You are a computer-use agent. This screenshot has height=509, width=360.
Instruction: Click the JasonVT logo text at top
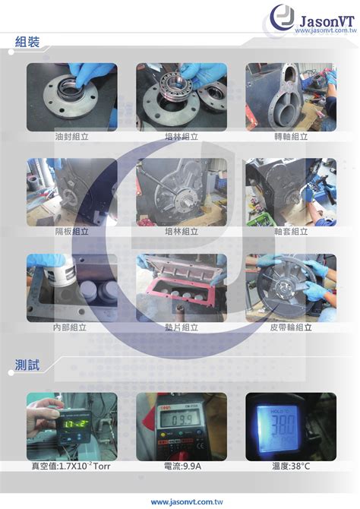click(327, 21)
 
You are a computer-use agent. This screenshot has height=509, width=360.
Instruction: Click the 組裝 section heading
click(27, 42)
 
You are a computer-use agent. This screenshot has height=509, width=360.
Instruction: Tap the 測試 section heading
click(27, 365)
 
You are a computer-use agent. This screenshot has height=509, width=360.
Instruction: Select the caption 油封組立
click(71, 136)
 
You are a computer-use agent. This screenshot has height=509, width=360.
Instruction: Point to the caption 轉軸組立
click(291, 136)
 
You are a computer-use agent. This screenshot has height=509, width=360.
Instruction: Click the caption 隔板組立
click(71, 232)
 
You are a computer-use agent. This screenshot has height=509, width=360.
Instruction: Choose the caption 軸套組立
click(291, 232)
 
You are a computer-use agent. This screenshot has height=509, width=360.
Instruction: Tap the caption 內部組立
click(70, 327)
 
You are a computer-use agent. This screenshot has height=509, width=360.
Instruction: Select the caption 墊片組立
click(182, 327)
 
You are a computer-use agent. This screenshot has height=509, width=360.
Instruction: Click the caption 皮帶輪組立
click(291, 327)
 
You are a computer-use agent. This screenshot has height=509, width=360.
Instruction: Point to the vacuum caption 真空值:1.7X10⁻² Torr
click(71, 466)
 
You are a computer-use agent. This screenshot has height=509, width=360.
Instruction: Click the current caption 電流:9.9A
click(182, 466)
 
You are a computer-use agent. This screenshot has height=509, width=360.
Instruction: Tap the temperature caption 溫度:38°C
click(291, 466)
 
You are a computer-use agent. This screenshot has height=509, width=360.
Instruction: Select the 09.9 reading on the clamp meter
click(182, 420)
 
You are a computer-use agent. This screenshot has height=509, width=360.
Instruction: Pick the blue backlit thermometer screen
click(278, 428)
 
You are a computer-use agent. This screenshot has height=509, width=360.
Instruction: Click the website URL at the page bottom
click(187, 502)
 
